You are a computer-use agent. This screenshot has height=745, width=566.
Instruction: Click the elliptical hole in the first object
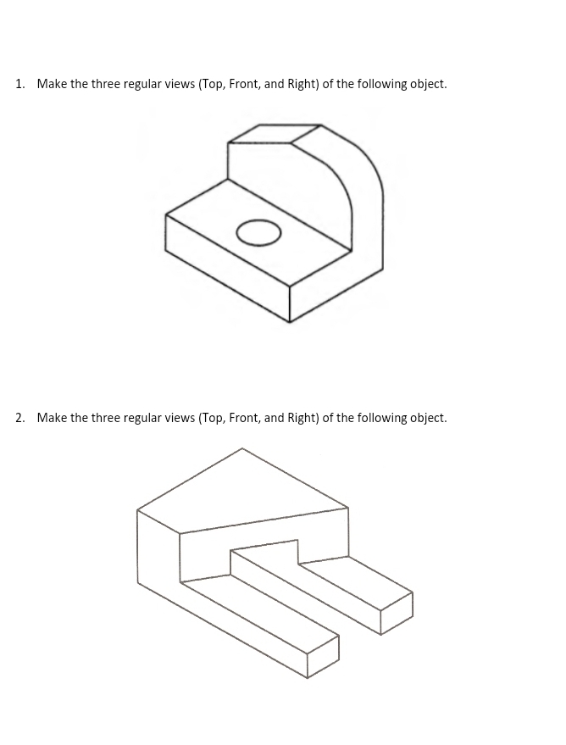258,233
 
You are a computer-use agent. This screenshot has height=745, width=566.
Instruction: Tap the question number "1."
20,84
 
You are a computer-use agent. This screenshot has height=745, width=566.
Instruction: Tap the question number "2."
20,418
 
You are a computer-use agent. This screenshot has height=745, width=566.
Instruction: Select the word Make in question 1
52,84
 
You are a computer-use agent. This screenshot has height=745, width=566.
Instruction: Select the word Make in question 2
52,418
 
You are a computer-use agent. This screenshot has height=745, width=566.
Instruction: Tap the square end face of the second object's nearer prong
323,658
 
